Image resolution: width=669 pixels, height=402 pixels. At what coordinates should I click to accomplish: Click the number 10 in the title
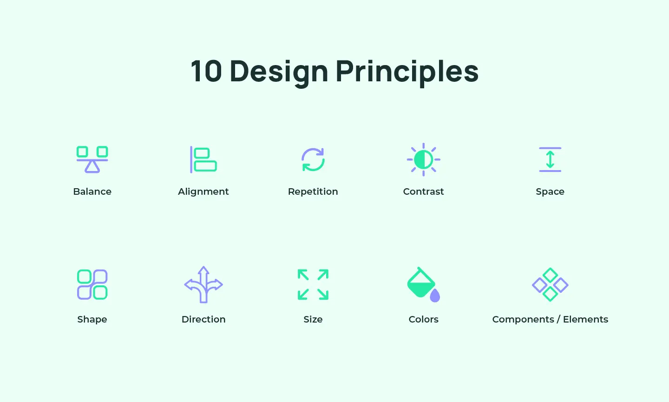[x=206, y=72]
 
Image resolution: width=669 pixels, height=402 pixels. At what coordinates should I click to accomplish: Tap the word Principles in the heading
[x=407, y=72]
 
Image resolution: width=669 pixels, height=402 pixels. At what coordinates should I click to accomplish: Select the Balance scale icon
[x=92, y=159]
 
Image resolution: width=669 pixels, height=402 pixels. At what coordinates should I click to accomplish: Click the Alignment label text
[x=203, y=191]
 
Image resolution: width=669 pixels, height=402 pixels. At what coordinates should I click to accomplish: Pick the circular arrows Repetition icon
[x=313, y=159]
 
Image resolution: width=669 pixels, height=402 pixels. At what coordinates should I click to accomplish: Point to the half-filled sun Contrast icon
[x=424, y=159]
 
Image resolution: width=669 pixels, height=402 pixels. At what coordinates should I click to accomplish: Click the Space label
[x=550, y=191]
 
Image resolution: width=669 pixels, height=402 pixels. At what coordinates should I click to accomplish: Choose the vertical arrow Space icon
[x=550, y=159]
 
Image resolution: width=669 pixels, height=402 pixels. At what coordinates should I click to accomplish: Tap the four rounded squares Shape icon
[x=92, y=284]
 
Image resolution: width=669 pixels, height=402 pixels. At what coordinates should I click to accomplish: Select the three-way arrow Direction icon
[x=203, y=284]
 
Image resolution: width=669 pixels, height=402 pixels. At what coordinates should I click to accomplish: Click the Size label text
[x=313, y=319]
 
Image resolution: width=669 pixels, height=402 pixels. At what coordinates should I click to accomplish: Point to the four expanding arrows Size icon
[x=313, y=284]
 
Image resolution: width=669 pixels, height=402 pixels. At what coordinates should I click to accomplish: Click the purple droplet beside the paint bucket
[x=435, y=296]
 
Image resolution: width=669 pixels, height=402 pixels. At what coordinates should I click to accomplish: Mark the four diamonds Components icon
[x=550, y=284]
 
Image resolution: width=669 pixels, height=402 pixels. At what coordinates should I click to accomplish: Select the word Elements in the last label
[x=585, y=319]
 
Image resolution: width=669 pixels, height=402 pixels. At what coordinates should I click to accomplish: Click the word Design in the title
[x=279, y=72]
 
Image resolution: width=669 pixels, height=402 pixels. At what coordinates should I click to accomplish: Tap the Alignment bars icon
[x=203, y=159]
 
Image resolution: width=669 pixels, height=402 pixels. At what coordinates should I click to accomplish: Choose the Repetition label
[x=313, y=191]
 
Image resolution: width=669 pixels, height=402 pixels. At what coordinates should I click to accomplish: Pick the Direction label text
[x=203, y=319]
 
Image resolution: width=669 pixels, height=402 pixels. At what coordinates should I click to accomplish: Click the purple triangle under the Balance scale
[x=92, y=167]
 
